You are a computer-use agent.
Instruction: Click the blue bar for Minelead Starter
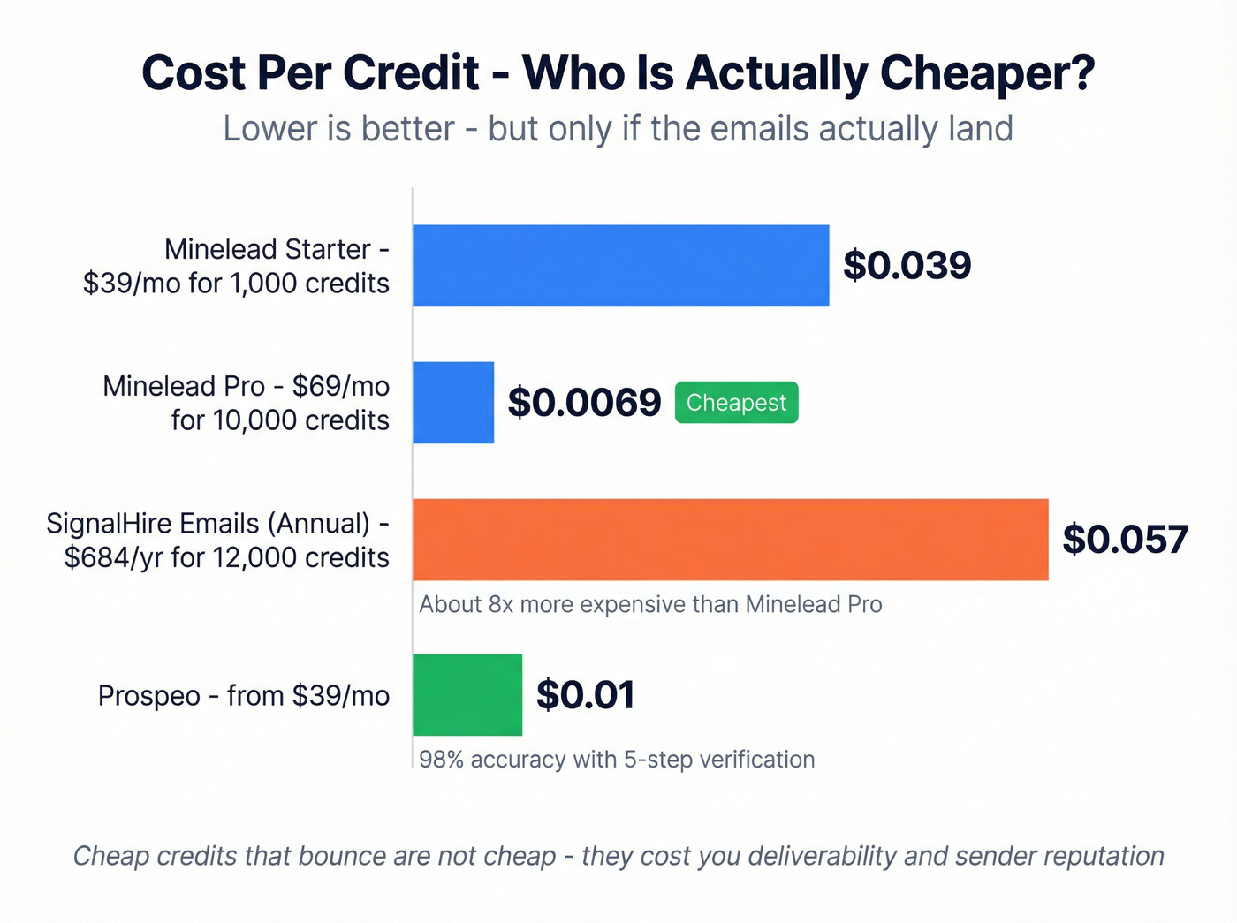[620, 266]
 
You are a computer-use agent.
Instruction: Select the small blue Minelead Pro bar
[453, 403]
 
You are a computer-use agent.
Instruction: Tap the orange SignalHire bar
[730, 540]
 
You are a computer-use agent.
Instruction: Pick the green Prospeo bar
[467, 695]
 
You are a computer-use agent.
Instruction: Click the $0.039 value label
[907, 266]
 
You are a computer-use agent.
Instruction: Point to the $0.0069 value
[584, 403]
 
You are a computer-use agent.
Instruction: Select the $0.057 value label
[1125, 540]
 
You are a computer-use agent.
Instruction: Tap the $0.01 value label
[585, 695]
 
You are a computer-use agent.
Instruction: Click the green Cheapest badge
[736, 403]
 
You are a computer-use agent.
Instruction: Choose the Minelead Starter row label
[236, 266]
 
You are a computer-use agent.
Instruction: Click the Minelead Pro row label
[246, 403]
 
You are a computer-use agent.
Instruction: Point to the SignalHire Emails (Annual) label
[218, 540]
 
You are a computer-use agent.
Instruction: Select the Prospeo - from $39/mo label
[244, 696]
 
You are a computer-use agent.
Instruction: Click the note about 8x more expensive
[650, 605]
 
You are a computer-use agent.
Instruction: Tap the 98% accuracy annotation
[617, 760]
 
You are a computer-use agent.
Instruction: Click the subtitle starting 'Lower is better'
[618, 129]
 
